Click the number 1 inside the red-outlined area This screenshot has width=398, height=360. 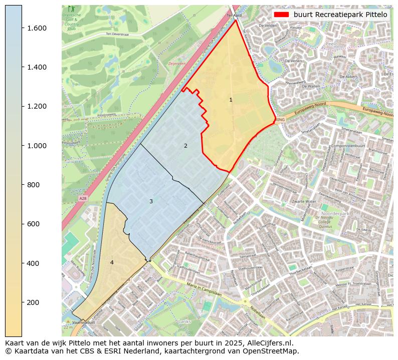point(231,100)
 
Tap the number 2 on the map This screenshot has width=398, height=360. point(185,146)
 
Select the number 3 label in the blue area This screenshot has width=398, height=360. point(151,201)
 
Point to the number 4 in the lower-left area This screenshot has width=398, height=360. point(112,262)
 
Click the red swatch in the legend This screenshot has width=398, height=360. point(282,15)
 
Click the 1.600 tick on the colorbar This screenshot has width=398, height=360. point(37,28)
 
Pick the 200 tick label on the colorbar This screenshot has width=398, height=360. point(34,302)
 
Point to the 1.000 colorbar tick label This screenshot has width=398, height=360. point(37,146)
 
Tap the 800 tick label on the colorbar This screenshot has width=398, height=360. point(34,185)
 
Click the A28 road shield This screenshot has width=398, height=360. point(83,199)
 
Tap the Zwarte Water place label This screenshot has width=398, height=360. point(304,201)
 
